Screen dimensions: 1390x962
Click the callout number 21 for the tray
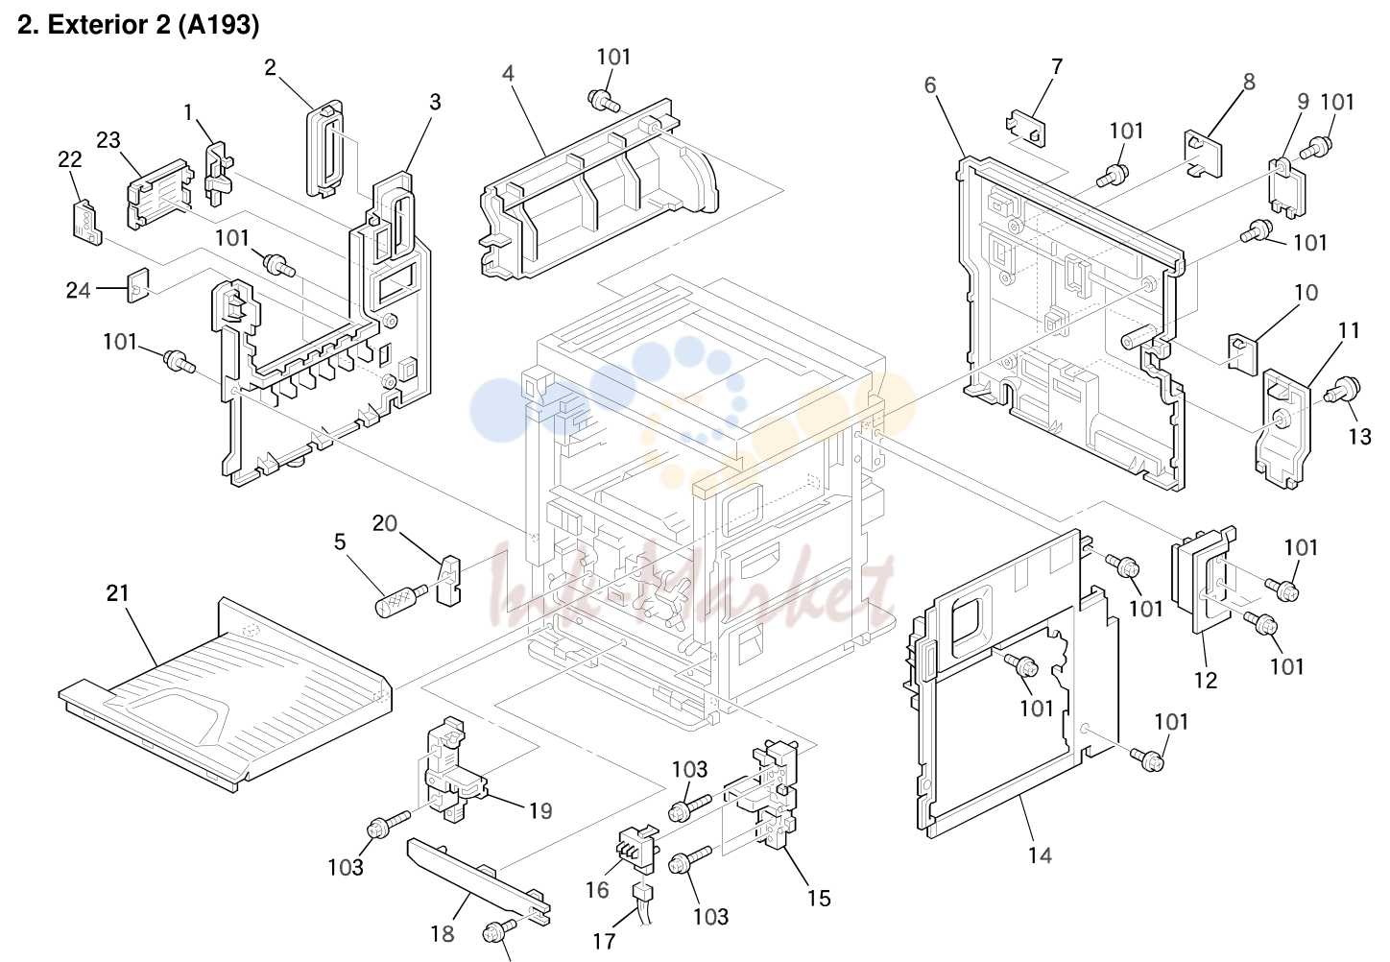(117, 593)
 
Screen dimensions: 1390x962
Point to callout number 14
(1040, 855)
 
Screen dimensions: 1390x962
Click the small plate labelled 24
(138, 285)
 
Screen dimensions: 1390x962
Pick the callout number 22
(69, 159)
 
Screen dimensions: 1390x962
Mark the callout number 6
(929, 85)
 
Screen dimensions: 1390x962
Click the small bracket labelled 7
(1025, 129)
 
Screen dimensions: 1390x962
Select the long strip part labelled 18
(478, 881)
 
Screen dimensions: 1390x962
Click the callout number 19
(540, 810)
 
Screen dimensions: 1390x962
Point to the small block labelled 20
(449, 580)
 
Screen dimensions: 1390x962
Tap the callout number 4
(508, 73)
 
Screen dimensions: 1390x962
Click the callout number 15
(819, 898)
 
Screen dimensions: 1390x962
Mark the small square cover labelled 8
(1204, 154)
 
